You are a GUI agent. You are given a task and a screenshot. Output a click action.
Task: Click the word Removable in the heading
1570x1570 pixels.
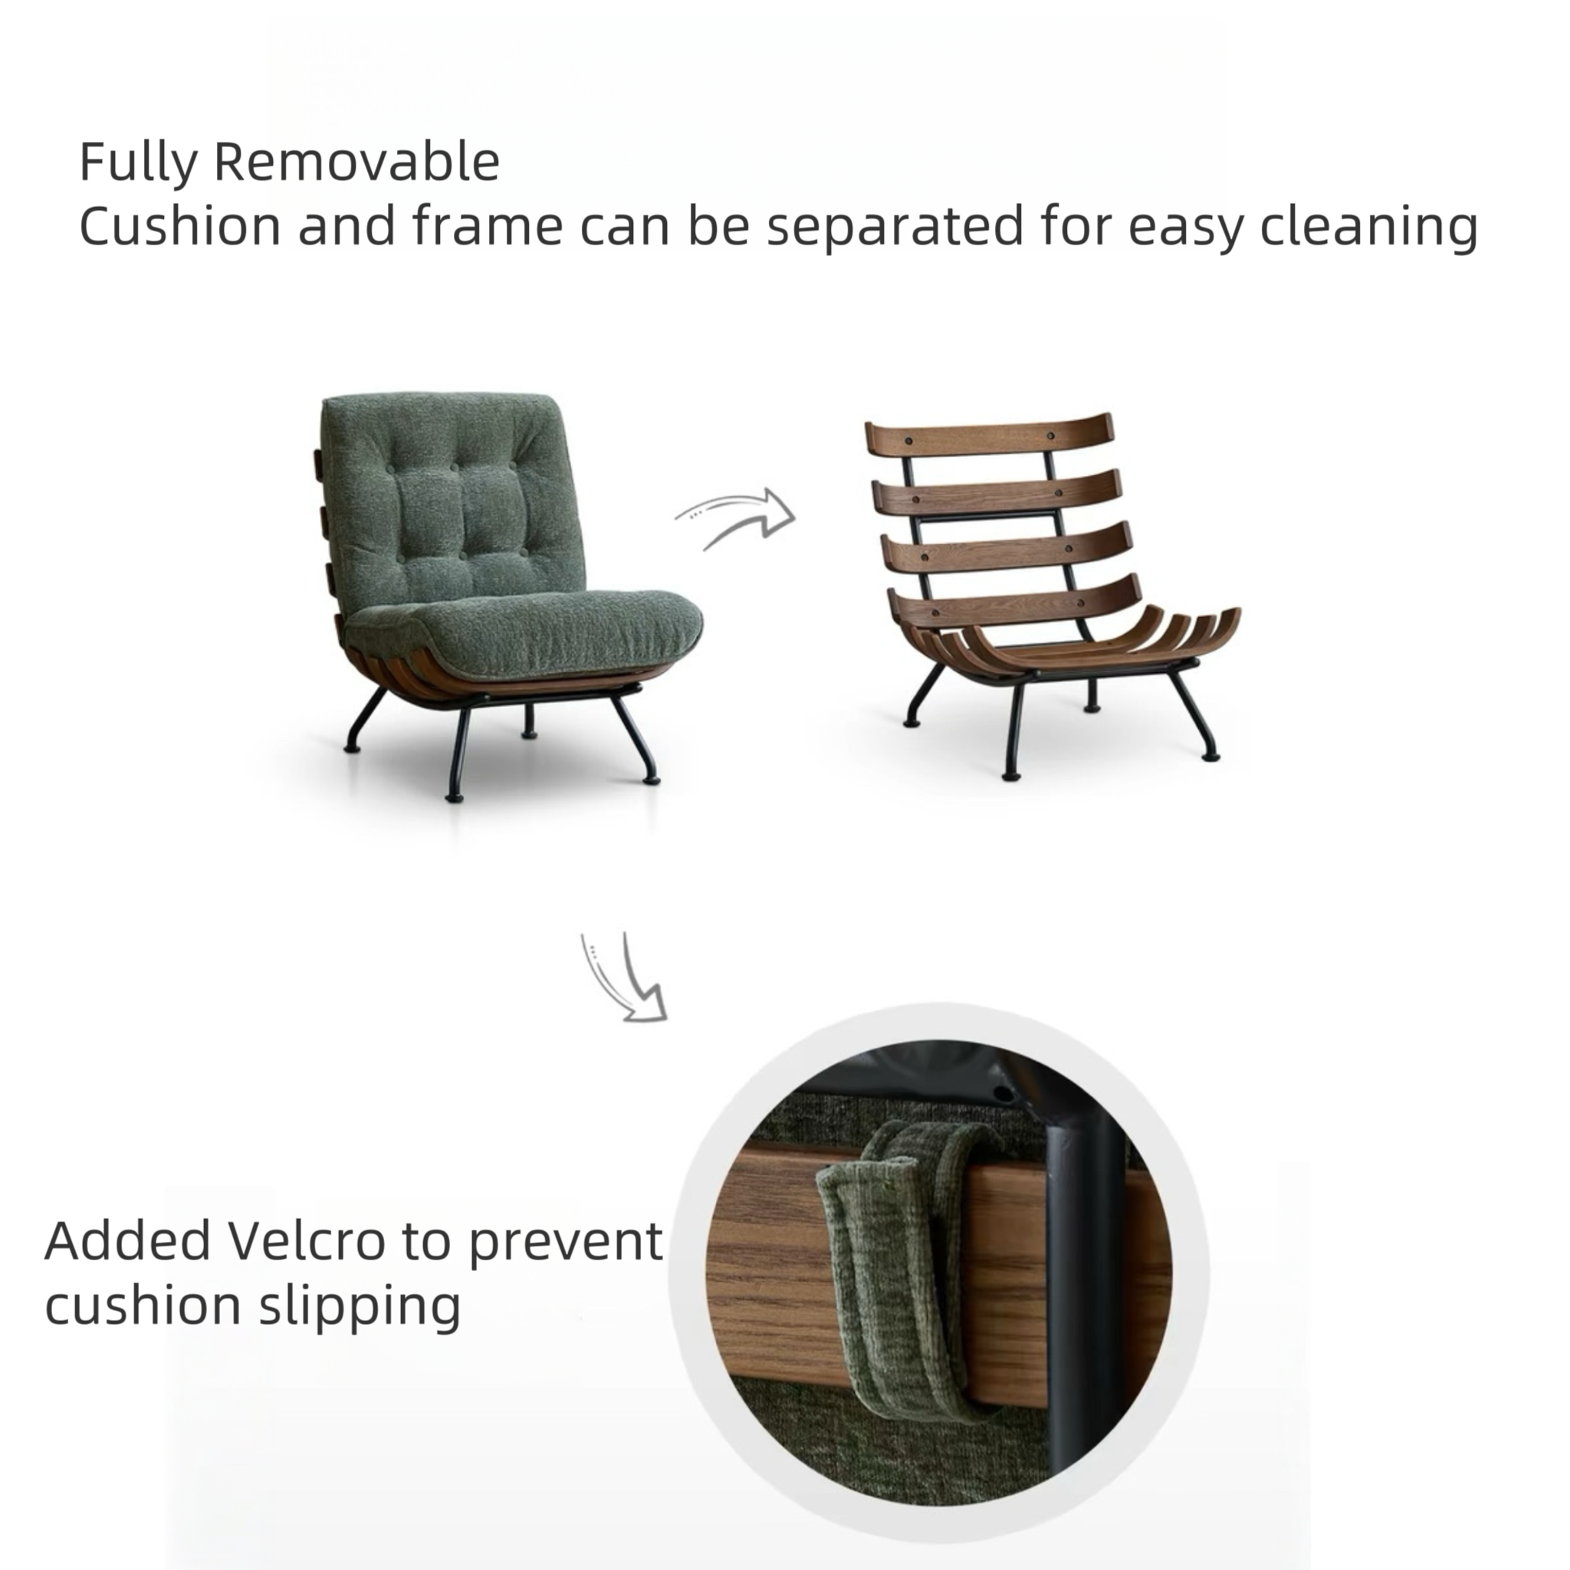tap(356, 161)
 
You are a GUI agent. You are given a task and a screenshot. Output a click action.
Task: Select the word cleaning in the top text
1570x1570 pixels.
tap(1368, 227)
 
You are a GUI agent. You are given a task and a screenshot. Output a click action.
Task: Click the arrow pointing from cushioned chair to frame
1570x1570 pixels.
tap(735, 517)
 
